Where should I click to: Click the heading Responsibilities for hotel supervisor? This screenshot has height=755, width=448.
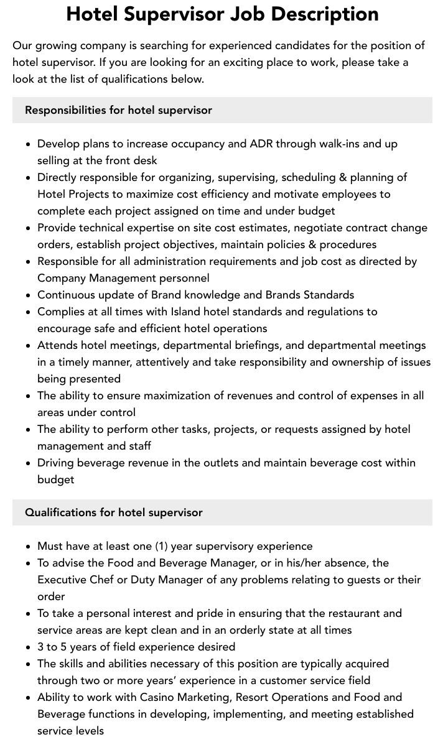click(x=118, y=110)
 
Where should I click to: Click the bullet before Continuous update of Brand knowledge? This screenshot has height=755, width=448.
click(x=28, y=295)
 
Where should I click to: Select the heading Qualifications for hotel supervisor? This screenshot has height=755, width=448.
click(x=114, y=512)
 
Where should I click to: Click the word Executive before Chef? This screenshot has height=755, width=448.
click(x=64, y=580)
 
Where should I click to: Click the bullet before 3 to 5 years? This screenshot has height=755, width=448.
click(x=28, y=647)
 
